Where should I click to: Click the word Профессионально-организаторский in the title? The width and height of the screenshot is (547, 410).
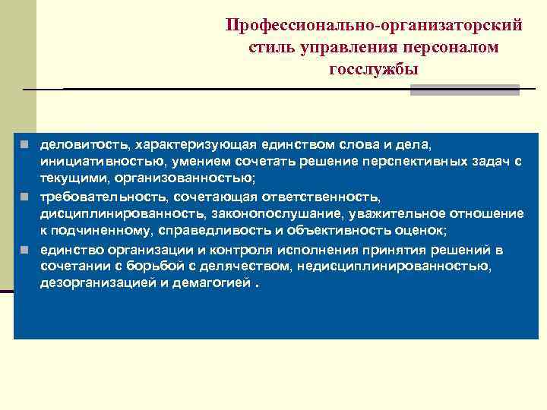tap(374, 25)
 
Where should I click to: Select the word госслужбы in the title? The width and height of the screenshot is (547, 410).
tap(374, 69)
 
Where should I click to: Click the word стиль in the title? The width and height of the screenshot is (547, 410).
tap(267, 47)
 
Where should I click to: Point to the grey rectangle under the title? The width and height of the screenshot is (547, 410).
tap(464, 90)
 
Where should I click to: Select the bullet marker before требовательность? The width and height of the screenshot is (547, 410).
tap(25, 197)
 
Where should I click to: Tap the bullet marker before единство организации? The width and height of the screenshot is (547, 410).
tap(25, 249)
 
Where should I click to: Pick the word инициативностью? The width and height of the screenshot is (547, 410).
tap(98, 162)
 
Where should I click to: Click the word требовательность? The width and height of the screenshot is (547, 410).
tap(99, 197)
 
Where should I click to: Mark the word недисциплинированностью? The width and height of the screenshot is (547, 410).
tap(393, 266)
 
